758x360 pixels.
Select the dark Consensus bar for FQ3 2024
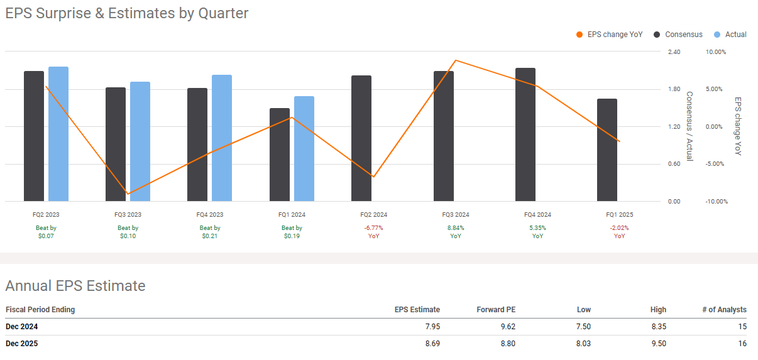443,136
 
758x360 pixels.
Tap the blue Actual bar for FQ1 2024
304,149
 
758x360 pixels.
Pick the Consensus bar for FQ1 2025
607,150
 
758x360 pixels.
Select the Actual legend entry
730,35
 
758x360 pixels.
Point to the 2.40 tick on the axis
674,52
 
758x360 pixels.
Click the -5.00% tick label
716,164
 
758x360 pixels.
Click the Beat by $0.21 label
210,232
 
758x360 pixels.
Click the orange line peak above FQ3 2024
455,60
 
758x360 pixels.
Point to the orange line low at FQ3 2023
128,194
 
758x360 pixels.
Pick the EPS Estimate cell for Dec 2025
431,344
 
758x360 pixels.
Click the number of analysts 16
742,344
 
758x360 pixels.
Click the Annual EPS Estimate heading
75,286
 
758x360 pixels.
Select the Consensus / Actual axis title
689,126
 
